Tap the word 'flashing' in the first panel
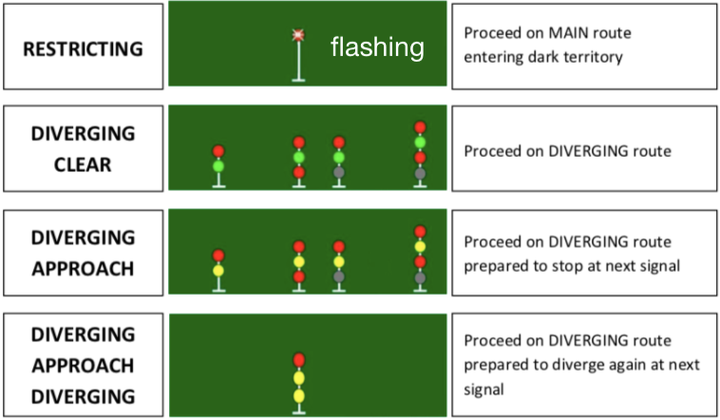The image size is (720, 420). [377, 48]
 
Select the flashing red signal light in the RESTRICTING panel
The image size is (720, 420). [298, 36]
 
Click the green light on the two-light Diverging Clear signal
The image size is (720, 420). [218, 166]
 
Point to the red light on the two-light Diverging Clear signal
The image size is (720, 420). [218, 151]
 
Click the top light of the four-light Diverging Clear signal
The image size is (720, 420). [420, 127]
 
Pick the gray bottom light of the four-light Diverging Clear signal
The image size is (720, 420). [420, 173]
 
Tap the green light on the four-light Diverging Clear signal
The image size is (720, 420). [420, 143]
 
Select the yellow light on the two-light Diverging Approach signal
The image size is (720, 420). [218, 270]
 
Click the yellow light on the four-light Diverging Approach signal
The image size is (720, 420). [420, 247]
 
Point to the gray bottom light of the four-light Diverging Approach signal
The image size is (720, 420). [420, 277]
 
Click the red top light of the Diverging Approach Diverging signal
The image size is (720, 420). [298, 360]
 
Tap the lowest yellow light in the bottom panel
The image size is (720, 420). [298, 395]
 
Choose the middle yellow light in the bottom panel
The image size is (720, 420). [298, 378]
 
